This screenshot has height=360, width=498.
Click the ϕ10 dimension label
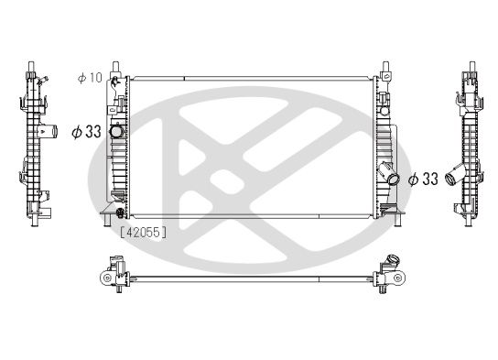tap(89, 78)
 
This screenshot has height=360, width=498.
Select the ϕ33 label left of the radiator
tap(86, 132)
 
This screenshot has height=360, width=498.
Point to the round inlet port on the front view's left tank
tap(117, 134)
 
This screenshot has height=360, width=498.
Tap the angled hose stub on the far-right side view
tap(451, 180)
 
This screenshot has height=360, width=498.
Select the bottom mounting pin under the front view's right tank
tap(395, 216)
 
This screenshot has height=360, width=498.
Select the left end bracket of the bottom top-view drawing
tap(110, 275)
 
